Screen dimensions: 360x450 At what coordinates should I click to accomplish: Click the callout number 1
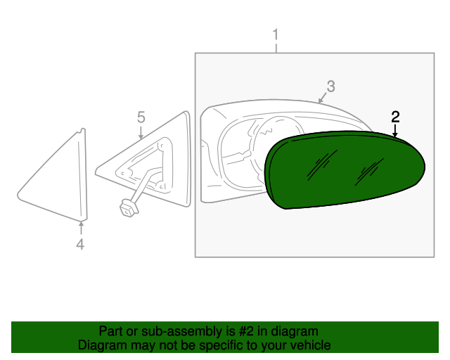[276, 34]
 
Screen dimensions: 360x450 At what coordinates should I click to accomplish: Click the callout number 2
[395, 116]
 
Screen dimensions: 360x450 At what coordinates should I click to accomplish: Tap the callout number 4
[80, 244]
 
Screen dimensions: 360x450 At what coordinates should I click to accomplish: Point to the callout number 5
[141, 116]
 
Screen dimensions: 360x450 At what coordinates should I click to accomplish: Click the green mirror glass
[345, 172]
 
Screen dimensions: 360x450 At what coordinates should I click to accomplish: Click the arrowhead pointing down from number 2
[395, 133]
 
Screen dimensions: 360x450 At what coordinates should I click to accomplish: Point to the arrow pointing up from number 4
[81, 226]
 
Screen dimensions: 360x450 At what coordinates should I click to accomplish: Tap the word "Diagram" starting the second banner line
[102, 345]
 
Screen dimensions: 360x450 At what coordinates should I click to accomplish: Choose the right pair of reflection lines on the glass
[370, 171]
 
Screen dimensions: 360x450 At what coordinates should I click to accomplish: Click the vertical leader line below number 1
[276, 48]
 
